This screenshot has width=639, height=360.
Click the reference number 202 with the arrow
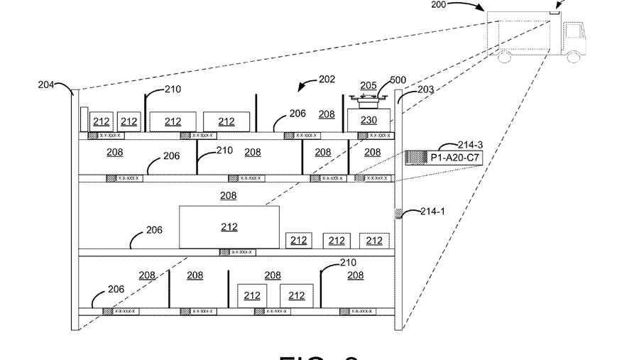pyautogui.click(x=327, y=80)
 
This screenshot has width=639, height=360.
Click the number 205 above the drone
pyautogui.click(x=368, y=84)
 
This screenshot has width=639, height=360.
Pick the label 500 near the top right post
pyautogui.click(x=400, y=80)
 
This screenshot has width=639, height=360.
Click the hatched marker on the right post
pyautogui.click(x=398, y=214)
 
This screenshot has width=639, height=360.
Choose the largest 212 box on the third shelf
pyautogui.click(x=229, y=227)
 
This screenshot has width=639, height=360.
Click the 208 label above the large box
pyautogui.click(x=229, y=195)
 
